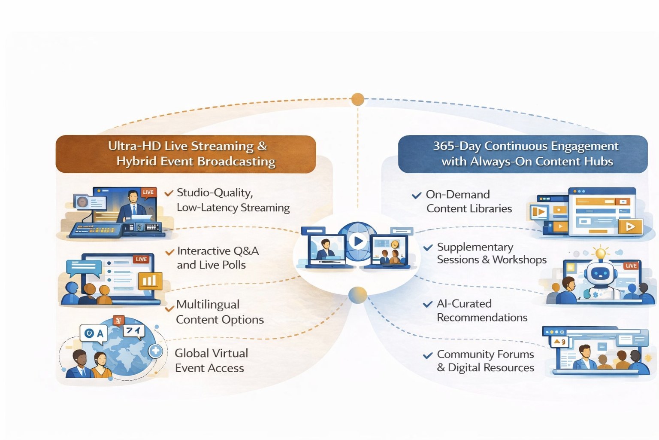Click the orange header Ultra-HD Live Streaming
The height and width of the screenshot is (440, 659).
pos(186,154)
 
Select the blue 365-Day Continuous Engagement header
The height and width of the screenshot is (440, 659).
pos(523,154)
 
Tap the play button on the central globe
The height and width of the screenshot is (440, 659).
pos(357,241)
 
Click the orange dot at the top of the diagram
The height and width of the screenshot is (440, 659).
pos(357,99)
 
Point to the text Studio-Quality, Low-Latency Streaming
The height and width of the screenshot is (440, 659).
pos(233,200)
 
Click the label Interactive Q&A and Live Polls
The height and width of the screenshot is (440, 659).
pos(218,258)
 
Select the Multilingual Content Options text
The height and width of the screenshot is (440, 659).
pos(219,312)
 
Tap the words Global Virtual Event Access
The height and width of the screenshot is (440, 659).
pos(211,361)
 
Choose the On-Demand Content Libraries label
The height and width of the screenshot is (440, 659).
pos(469,202)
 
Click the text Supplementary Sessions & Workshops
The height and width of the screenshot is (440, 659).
pos(491,254)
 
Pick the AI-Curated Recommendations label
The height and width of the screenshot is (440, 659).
pos(481,311)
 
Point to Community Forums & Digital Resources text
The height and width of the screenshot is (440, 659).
pos(485,361)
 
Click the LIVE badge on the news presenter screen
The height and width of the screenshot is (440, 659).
pos(148,192)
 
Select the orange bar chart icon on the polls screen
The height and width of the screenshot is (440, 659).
pos(149,281)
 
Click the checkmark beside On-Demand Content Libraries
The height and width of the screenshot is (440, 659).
pos(416,196)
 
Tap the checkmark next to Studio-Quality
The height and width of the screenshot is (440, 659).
pos(169,193)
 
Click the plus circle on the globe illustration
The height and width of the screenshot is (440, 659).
pos(155,351)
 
